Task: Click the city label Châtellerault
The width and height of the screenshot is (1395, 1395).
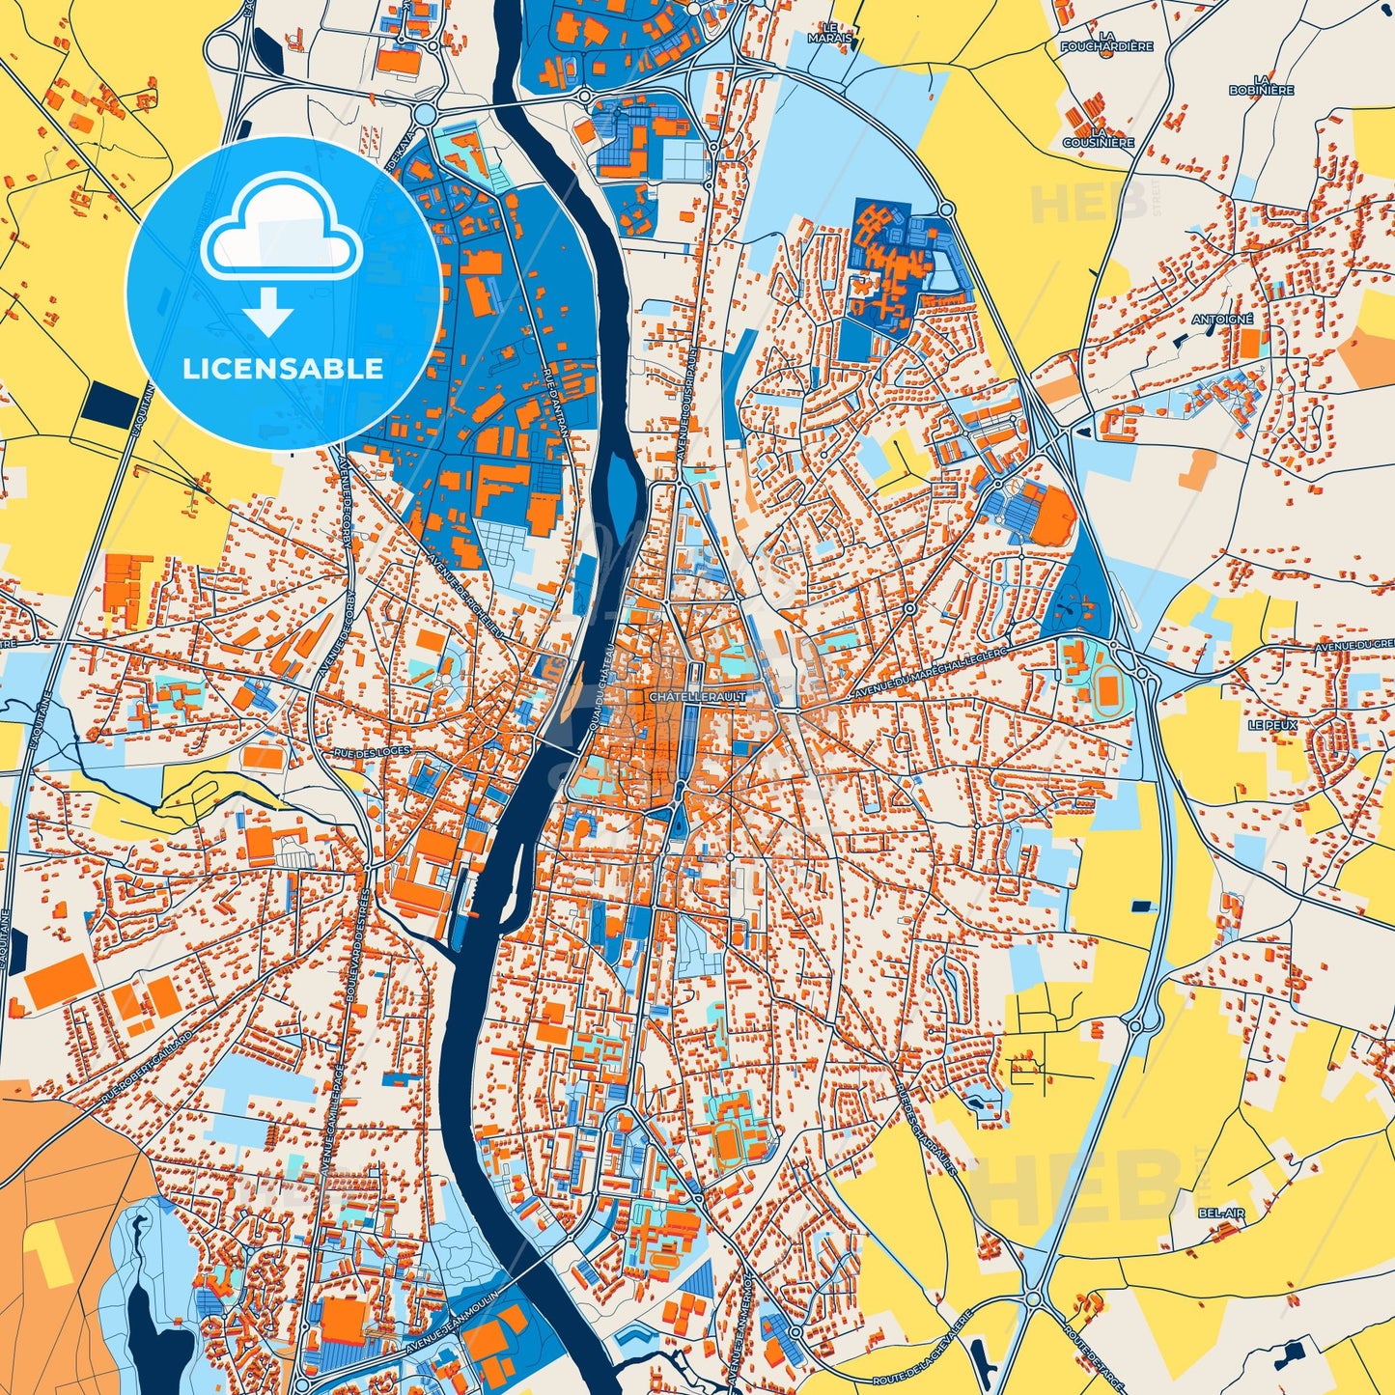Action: click(684, 696)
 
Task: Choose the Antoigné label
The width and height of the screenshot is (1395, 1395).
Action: click(1222, 319)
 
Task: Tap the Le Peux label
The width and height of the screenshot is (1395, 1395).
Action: click(1272, 724)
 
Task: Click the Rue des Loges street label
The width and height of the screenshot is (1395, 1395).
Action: click(372, 750)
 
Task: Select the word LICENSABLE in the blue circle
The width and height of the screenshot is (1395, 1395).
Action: click(283, 368)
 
